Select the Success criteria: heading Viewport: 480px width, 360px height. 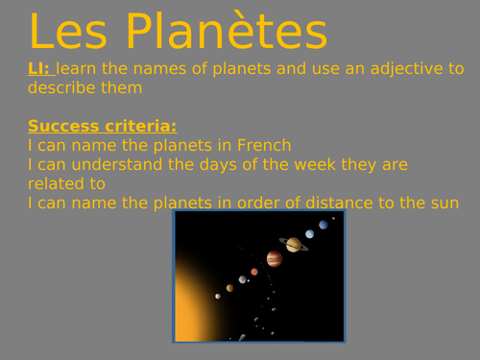103,127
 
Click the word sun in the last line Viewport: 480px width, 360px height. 444,203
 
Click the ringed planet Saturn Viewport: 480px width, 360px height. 293,244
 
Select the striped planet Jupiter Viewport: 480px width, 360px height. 274,259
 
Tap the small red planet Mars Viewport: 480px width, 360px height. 254,272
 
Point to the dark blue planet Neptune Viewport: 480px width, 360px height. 324,225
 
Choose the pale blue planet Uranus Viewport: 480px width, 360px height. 309,233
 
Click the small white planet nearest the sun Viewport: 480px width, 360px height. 218,296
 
